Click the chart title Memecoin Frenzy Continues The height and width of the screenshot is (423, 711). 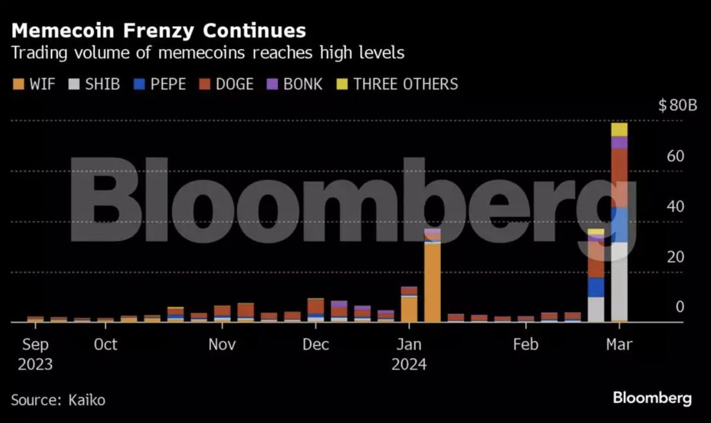(x=159, y=30)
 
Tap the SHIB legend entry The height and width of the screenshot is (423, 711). (x=96, y=84)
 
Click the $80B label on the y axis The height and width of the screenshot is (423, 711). (x=677, y=107)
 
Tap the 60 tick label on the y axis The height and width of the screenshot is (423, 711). (x=675, y=156)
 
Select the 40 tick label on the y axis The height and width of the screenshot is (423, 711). (x=675, y=207)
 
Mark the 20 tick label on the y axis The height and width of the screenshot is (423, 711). (x=675, y=257)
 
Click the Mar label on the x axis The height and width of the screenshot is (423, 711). (x=619, y=344)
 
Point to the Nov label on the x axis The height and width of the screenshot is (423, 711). (x=222, y=344)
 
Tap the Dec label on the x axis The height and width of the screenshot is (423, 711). (x=316, y=344)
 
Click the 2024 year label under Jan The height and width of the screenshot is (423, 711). (x=409, y=364)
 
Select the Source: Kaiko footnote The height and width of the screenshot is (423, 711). (x=58, y=400)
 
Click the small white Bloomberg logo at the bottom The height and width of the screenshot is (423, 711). (x=652, y=398)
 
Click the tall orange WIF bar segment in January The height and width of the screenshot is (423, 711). (x=433, y=282)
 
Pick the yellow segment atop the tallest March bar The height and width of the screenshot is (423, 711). (x=619, y=129)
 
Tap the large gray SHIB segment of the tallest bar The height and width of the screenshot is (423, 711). (x=619, y=281)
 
